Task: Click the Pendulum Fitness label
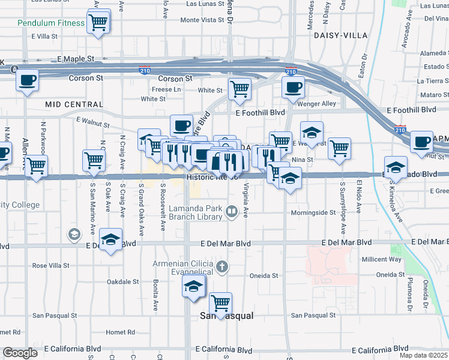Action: pyautogui.click(x=51, y=23)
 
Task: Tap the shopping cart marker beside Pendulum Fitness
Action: pyautogui.click(x=98, y=23)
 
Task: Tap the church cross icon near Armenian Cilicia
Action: pyautogui.click(x=222, y=266)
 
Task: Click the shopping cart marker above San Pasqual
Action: pyautogui.click(x=221, y=304)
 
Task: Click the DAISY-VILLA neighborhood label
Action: pyautogui.click(x=340, y=35)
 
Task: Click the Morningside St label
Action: pyautogui.click(x=313, y=212)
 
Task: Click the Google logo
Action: pyautogui.click(x=20, y=352)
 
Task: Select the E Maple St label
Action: pyautogui.click(x=76, y=59)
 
